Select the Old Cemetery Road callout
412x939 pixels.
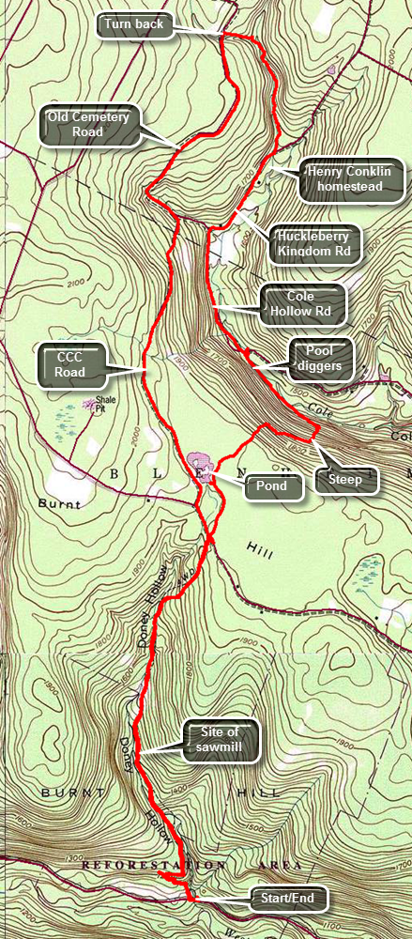pyautogui.click(x=89, y=124)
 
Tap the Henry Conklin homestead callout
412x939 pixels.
pyautogui.click(x=351, y=178)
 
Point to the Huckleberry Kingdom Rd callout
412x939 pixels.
pyautogui.click(x=311, y=242)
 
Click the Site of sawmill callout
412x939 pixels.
pyautogui.click(x=222, y=739)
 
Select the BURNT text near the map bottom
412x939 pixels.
pyautogui.click(x=61, y=793)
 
